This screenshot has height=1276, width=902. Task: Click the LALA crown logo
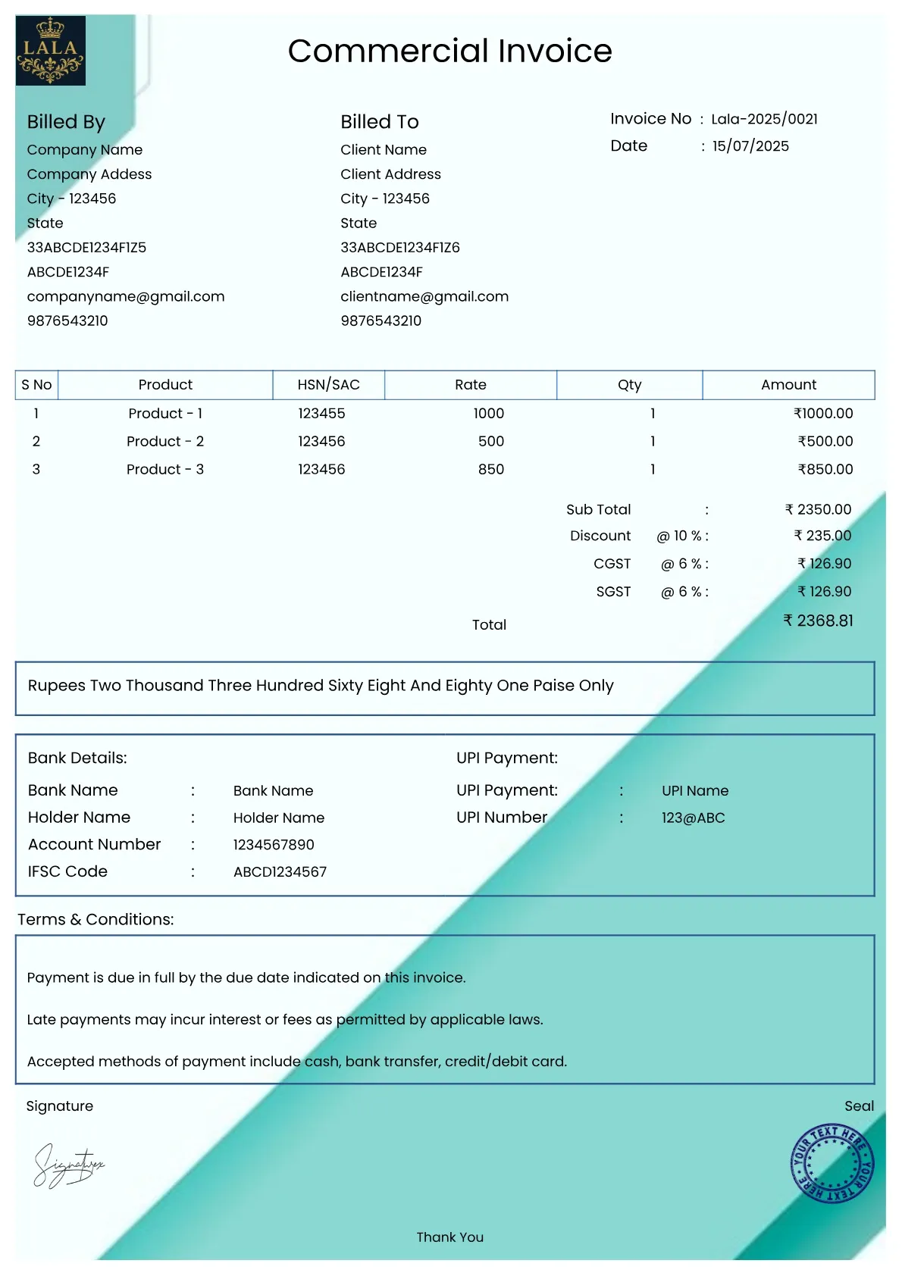[x=50, y=51]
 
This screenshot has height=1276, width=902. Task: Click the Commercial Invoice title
[x=449, y=51]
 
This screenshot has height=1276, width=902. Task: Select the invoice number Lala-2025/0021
[x=764, y=119]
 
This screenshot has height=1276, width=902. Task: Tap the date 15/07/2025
[x=750, y=146]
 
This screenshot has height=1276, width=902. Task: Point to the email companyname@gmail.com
[x=126, y=296]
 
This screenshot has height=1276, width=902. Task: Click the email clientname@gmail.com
[x=424, y=296]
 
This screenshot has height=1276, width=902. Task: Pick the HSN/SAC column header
[x=328, y=385]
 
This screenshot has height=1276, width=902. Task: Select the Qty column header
[x=629, y=385]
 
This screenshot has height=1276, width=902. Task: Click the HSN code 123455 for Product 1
[x=321, y=414]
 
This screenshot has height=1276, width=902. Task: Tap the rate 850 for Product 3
[x=490, y=470]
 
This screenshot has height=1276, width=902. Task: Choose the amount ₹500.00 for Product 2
[x=825, y=441]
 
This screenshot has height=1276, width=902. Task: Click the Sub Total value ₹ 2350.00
[x=818, y=510]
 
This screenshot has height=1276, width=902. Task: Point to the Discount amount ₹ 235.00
[x=822, y=536]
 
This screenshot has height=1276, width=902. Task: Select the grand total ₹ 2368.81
[x=818, y=621]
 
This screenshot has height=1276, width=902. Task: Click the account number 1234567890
[x=274, y=845]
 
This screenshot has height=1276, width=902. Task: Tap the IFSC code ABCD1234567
[x=280, y=872]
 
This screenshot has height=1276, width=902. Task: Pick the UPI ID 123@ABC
[x=693, y=818]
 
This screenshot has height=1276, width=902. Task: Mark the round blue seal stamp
[x=832, y=1163]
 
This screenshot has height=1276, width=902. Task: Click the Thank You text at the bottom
[x=449, y=1237]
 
